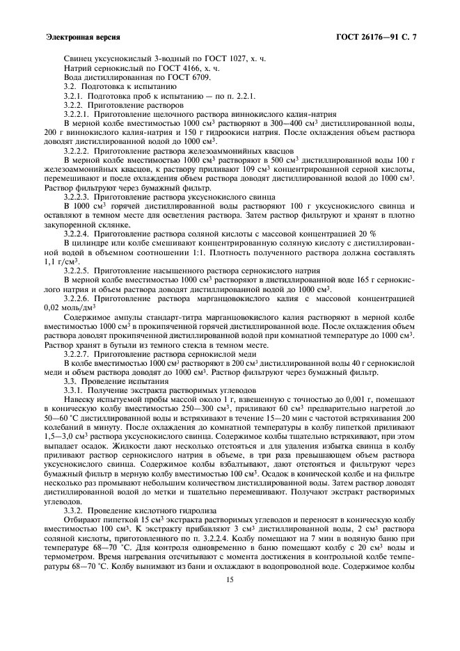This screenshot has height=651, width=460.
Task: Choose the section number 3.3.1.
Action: tap(72, 390)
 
